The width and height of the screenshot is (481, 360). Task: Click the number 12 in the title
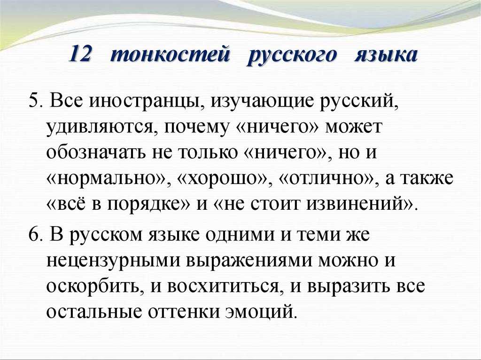[x=80, y=54]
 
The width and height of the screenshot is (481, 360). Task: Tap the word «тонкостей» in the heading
[x=170, y=54]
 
